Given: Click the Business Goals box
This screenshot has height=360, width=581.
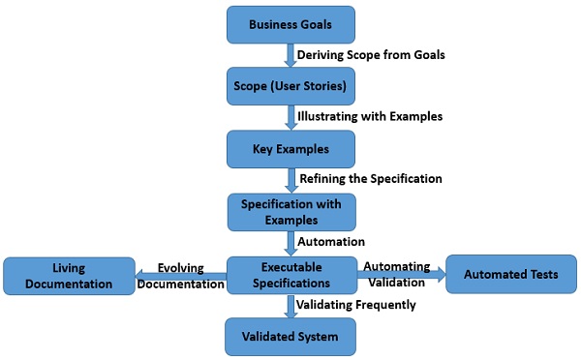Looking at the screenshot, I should pyautogui.click(x=290, y=23).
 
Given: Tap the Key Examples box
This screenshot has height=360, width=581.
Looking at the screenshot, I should pyautogui.click(x=290, y=148).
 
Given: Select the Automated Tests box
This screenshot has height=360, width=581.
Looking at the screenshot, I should pyautogui.click(x=512, y=274).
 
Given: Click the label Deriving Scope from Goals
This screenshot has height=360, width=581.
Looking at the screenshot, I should pyautogui.click(x=372, y=54).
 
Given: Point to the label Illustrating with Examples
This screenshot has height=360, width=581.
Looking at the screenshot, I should pyautogui.click(x=372, y=116).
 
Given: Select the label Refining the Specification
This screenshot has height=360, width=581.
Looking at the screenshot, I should pyautogui.click(x=371, y=179).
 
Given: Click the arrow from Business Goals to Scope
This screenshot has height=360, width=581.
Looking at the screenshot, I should pyautogui.click(x=290, y=54).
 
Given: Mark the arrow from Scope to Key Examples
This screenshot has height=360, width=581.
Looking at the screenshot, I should pyautogui.click(x=290, y=116).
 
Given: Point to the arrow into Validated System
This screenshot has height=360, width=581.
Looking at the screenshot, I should pyautogui.click(x=290, y=306).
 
